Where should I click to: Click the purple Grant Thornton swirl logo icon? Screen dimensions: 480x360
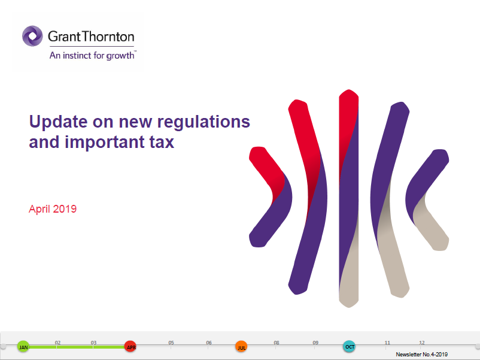click(32, 36)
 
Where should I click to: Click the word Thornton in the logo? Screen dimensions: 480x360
click(108, 37)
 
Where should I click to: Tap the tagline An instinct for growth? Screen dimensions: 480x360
click(92, 56)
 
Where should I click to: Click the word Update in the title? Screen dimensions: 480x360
click(58, 122)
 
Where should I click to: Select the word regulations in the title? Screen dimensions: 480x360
click(203, 123)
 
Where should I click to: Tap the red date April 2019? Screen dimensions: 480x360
click(53, 209)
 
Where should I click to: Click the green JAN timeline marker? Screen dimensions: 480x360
click(23, 346)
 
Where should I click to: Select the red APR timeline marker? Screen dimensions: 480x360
click(130, 346)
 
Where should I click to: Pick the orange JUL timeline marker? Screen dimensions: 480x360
click(241, 346)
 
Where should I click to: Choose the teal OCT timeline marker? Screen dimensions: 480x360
click(350, 346)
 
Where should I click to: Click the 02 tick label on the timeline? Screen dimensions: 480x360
click(58, 343)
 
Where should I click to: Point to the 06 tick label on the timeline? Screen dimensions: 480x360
click(209, 343)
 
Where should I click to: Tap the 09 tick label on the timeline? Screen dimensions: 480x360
click(315, 343)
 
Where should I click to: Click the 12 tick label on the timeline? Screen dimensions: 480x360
click(422, 343)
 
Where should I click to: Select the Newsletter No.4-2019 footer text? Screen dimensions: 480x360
click(422, 355)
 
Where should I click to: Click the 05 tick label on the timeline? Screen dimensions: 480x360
click(171, 343)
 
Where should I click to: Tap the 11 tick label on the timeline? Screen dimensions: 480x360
click(388, 343)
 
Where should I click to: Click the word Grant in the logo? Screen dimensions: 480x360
click(64, 37)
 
